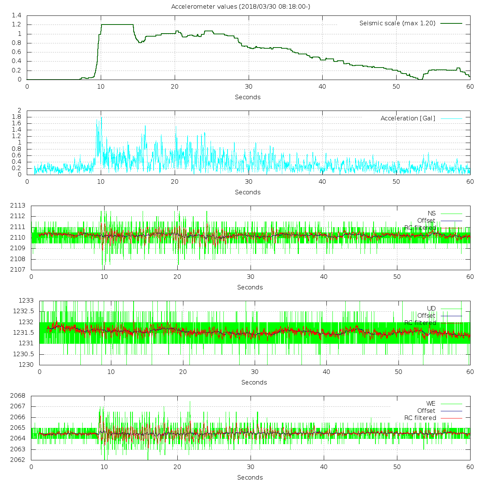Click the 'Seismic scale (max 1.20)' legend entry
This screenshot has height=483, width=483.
(397, 23)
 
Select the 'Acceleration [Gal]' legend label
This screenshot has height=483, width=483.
(408, 118)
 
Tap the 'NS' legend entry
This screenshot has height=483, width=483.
(431, 214)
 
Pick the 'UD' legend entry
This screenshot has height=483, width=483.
(431, 309)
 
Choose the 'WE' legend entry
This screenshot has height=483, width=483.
(431, 404)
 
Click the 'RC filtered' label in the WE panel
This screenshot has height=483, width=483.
(420, 418)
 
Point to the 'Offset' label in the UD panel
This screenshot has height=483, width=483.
(426, 316)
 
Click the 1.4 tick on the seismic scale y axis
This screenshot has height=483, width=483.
(17, 15)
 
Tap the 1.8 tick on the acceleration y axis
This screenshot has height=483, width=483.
(17, 117)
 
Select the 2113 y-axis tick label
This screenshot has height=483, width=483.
(18, 206)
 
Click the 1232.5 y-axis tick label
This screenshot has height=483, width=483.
(23, 311)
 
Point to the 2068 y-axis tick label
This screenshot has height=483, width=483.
(18, 396)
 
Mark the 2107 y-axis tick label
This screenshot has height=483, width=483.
(18, 269)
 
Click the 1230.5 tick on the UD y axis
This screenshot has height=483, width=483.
(23, 354)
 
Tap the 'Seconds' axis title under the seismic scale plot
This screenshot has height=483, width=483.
(248, 97)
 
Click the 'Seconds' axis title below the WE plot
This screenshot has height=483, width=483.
(250, 477)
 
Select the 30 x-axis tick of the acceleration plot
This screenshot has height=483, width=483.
(248, 182)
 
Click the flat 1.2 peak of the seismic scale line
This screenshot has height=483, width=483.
(117, 25)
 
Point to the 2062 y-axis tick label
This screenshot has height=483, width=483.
(18, 460)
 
